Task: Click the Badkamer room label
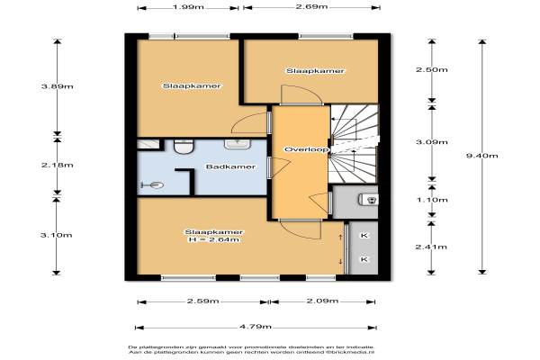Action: tap(230, 166)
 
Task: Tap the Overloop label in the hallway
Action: tap(306, 149)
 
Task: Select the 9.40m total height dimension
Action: tap(481, 156)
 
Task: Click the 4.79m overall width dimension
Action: tap(256, 327)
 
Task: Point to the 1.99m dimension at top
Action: tap(188, 7)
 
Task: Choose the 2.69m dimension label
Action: tap(311, 7)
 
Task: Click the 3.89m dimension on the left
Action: tap(58, 86)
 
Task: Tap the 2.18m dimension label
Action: tap(58, 165)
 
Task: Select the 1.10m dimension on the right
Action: tap(432, 200)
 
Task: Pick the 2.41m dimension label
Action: tap(431, 247)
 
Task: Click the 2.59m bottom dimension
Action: tap(202, 301)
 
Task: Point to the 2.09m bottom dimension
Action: tap(322, 301)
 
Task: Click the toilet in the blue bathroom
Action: tap(184, 147)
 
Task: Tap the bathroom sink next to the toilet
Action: tap(238, 144)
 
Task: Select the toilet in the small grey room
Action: tap(368, 200)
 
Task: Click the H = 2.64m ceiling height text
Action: tap(213, 239)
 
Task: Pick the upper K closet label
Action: tap(364, 236)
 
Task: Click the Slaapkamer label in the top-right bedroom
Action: tap(315, 71)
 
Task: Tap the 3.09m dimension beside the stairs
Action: tap(432, 142)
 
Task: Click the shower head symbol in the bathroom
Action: tap(153, 185)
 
